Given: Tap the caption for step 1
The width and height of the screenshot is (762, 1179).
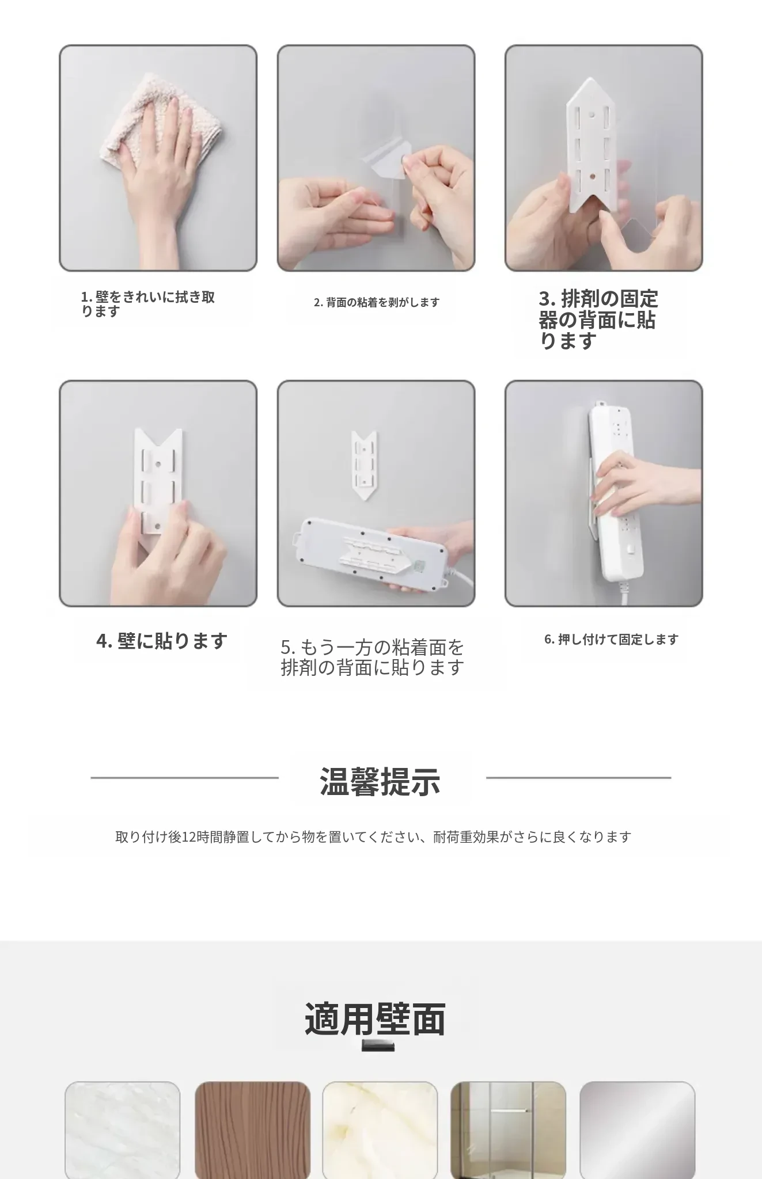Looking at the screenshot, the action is [147, 303].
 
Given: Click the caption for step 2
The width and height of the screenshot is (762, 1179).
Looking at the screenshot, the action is [377, 302].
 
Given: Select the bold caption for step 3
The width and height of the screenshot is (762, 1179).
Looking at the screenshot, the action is [598, 320].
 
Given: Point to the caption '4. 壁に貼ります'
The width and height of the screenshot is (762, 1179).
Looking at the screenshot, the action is [162, 640].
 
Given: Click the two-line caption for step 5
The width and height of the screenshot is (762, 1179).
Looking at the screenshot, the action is [372, 657].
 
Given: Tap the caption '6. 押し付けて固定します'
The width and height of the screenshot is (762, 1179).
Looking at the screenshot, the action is [611, 639].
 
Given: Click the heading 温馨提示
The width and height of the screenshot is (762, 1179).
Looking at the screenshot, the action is [380, 781].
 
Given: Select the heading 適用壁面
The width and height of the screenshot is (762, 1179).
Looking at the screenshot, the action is [375, 1019].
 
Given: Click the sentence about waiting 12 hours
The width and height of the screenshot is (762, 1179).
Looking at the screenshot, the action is [373, 836].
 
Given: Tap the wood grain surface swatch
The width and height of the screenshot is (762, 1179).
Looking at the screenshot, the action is [252, 1129].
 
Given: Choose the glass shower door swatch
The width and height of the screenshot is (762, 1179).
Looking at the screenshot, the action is [508, 1129].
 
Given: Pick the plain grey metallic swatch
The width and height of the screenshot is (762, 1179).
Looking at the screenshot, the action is [637, 1129].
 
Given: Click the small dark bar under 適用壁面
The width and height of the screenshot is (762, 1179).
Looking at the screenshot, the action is [378, 1045].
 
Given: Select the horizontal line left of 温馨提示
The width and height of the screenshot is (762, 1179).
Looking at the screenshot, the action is [184, 778].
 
